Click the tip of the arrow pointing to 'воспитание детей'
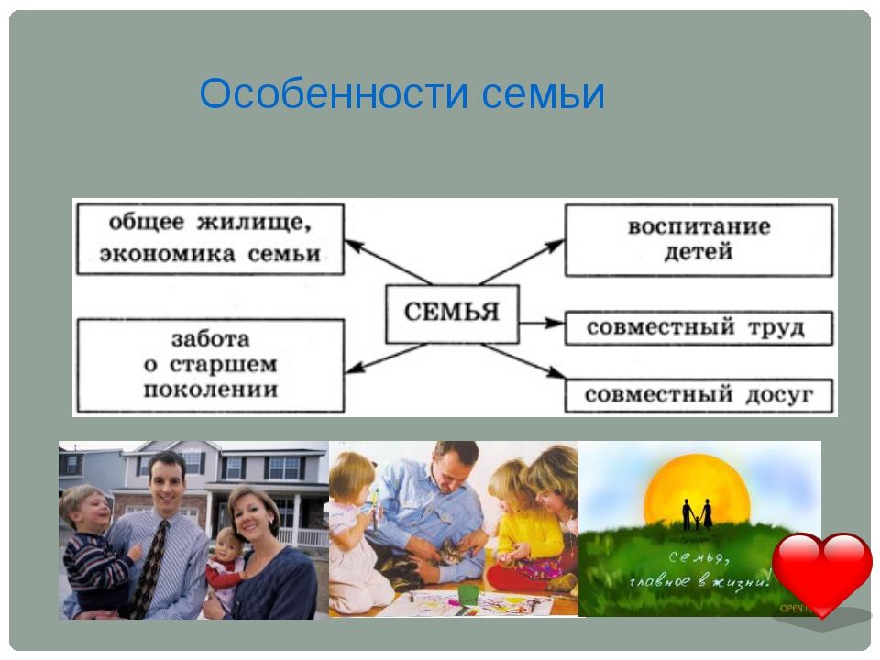[x=564, y=240]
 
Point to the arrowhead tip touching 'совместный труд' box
[x=564, y=323]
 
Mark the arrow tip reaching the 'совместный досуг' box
[x=565, y=377]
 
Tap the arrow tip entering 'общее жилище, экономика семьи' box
[x=345, y=241]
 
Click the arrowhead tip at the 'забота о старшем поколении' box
[x=345, y=372]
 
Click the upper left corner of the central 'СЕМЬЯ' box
[x=386, y=285]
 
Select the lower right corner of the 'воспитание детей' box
[x=832, y=275]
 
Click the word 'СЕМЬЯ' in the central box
[x=452, y=312]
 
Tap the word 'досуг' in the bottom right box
[x=779, y=395]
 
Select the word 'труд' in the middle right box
[x=776, y=328]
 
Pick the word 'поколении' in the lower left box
[x=211, y=390]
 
